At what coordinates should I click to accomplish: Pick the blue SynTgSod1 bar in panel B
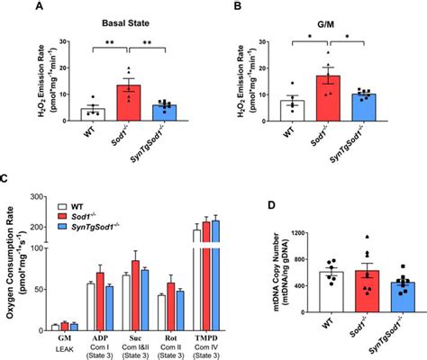pos(362,105)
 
